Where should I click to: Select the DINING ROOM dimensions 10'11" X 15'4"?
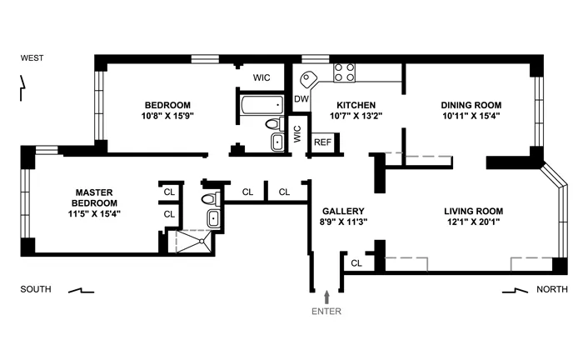471,117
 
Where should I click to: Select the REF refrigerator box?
321,142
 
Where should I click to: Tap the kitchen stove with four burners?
345,72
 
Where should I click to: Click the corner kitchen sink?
310,80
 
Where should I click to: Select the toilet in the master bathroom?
213,199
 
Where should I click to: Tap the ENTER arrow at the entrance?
326,296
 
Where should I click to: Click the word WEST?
33,58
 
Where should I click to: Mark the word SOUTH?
36,290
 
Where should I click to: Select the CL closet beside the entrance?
356,263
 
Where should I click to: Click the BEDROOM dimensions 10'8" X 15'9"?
169,117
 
